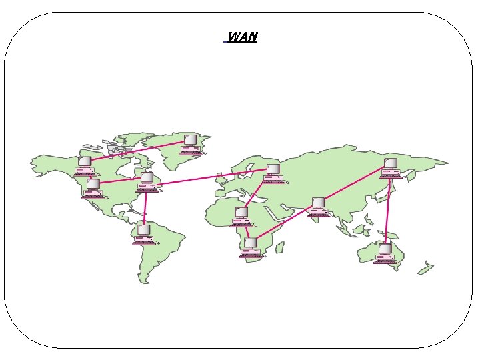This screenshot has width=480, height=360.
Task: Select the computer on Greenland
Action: pos(191,144)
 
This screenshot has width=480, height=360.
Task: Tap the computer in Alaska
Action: pos(85,165)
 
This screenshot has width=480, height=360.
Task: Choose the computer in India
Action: pos(319,207)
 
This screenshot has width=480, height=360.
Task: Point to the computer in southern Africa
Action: pos(251,247)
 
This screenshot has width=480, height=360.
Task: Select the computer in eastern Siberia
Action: pos(391,168)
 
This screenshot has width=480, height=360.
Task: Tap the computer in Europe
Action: pos(272,173)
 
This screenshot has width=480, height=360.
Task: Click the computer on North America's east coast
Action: pos(147,182)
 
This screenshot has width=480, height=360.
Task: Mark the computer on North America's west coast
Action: pos(93,188)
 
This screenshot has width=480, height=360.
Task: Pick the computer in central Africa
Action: pos(241,217)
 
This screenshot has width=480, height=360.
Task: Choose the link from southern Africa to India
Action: pos(283,223)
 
